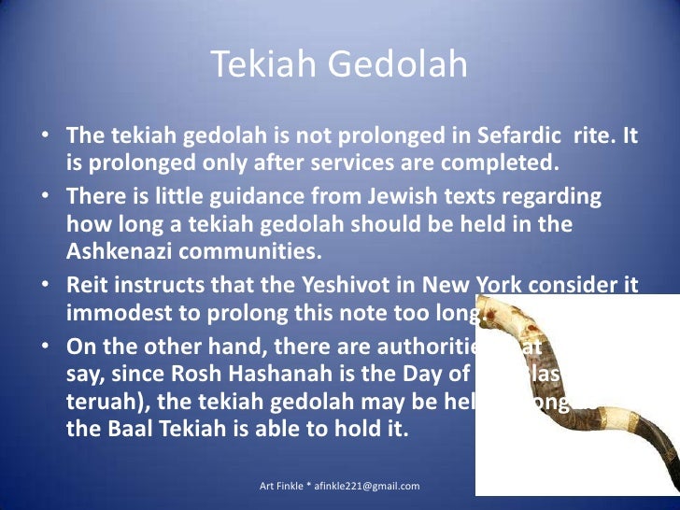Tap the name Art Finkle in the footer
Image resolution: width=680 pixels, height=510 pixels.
(x=282, y=486)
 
